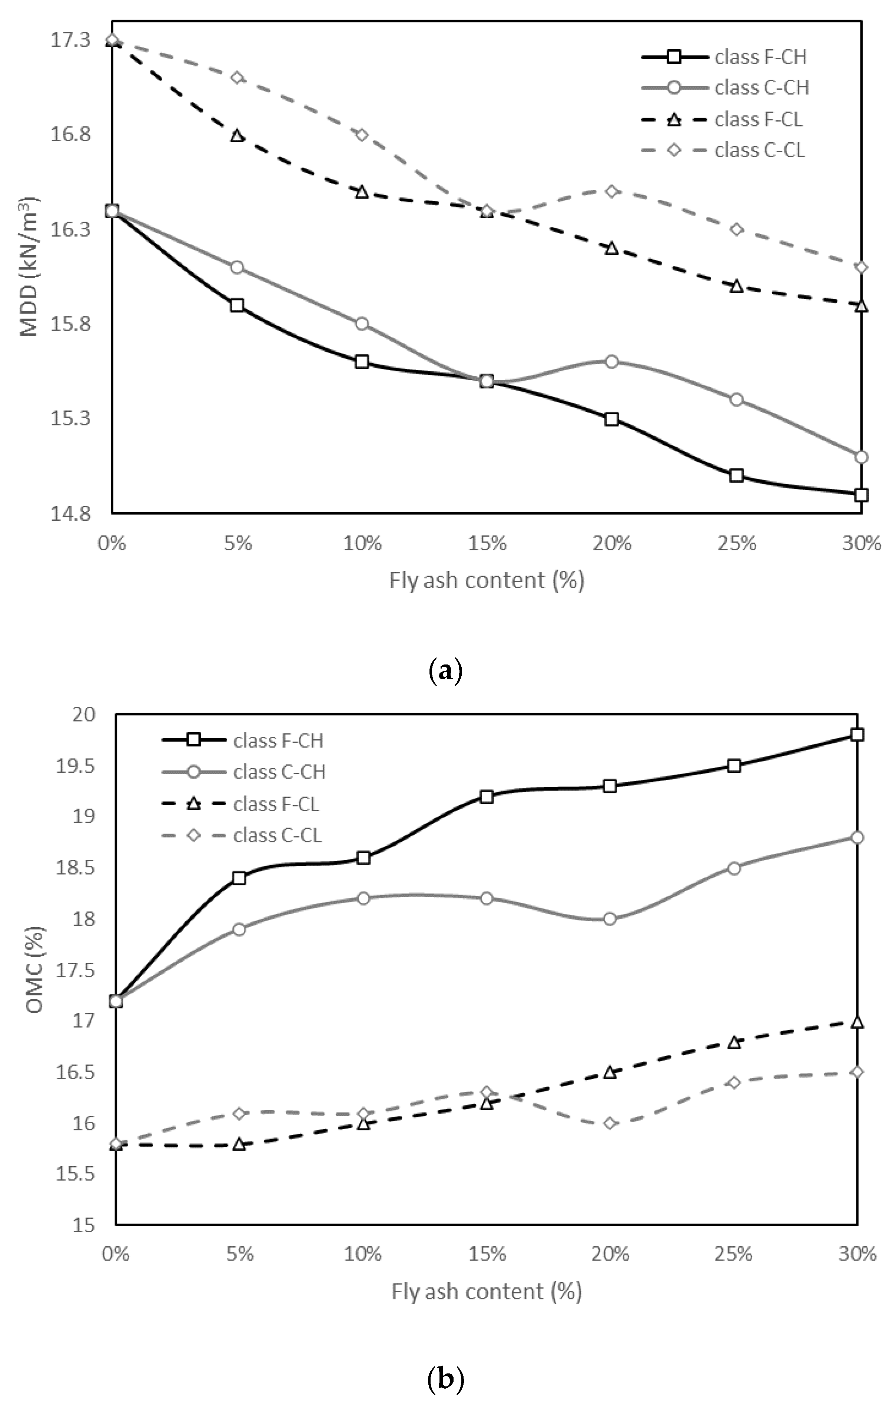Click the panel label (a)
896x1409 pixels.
coord(445,670)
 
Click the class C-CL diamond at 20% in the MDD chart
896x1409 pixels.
coord(611,191)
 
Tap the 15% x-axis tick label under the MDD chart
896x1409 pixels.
coord(487,544)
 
